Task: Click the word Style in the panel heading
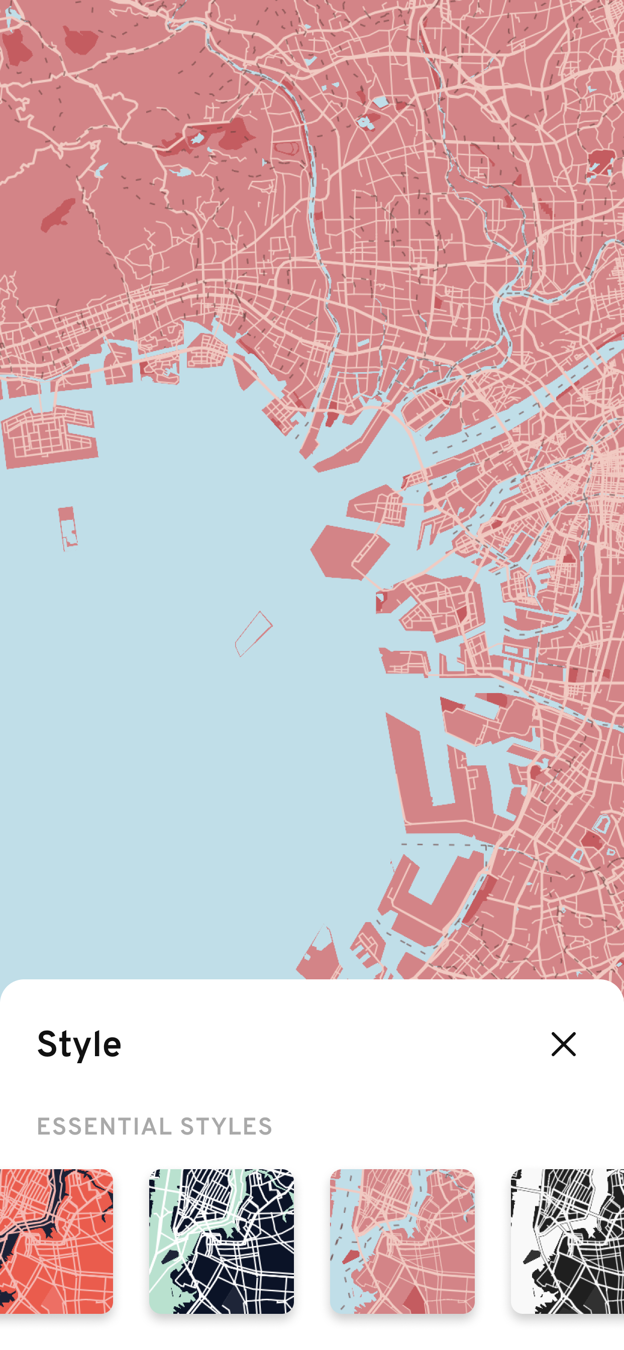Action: point(79,1045)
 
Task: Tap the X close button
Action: point(563,1045)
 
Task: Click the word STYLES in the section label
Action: point(226,1126)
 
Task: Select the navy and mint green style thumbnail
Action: point(221,1241)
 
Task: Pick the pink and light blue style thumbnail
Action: point(402,1241)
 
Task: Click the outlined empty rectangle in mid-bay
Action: point(254,633)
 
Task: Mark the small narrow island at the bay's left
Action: point(68,527)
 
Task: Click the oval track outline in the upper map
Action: point(286,149)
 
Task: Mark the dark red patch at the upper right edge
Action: point(601,160)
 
